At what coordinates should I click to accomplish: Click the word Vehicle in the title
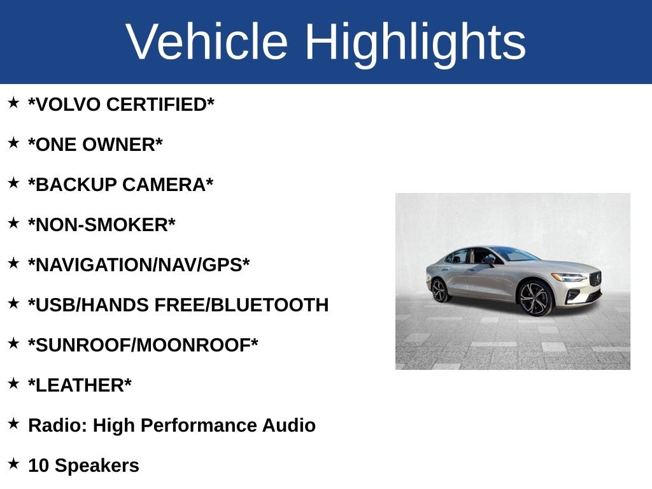click(207, 42)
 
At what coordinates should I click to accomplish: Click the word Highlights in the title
click(415, 42)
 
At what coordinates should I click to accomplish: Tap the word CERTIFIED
click(160, 104)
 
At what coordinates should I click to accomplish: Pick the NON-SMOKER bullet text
click(102, 225)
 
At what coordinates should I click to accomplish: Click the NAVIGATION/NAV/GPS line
click(139, 265)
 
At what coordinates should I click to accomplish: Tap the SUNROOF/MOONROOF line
click(143, 345)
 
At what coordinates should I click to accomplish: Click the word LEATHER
click(80, 385)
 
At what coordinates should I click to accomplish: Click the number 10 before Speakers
click(38, 465)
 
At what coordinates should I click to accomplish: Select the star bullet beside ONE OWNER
click(13, 143)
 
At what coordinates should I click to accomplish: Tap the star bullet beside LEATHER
click(13, 384)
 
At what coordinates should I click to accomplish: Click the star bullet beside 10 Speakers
click(13, 464)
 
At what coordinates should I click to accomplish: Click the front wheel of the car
click(535, 297)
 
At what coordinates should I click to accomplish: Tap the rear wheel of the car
click(439, 290)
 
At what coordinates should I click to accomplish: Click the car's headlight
click(568, 277)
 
